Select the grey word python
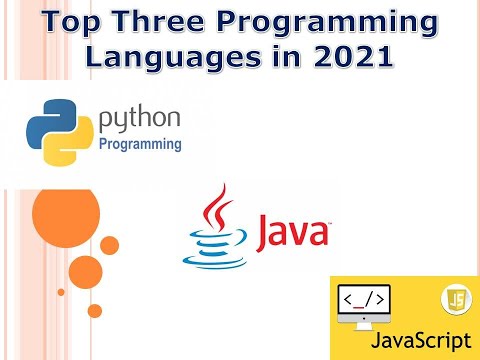(140, 121)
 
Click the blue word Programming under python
(140, 144)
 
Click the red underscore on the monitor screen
(365, 303)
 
